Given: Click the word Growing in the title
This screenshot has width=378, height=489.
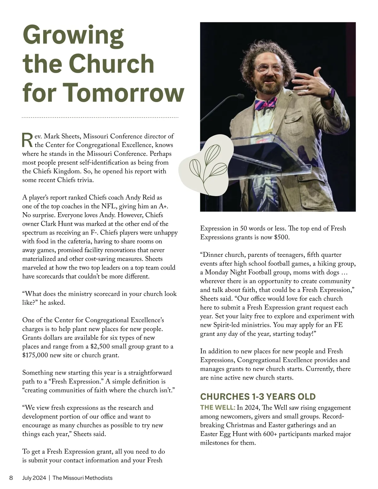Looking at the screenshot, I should pos(73,36).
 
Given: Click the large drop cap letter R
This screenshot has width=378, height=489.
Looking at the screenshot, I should pos(27,140).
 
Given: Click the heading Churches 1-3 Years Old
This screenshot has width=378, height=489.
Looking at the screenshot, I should pos(258,396).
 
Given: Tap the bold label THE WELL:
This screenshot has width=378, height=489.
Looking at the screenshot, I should pos(218,407).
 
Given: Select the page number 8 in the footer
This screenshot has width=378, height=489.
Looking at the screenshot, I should pos(11,478).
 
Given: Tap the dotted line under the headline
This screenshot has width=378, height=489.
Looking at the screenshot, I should pos(100,117).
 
